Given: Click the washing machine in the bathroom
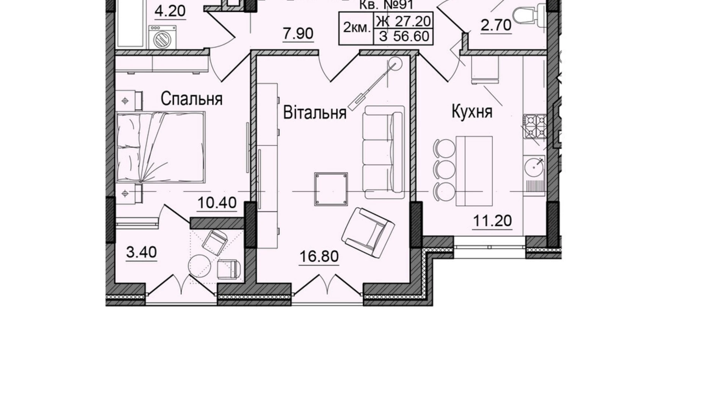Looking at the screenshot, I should (162, 37).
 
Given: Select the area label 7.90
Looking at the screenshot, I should (298, 34).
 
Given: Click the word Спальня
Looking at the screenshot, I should (191, 99).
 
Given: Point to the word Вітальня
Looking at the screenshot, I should (315, 113).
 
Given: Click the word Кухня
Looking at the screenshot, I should (472, 112).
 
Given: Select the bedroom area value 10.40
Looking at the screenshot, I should (217, 203).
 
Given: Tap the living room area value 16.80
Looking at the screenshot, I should (319, 256).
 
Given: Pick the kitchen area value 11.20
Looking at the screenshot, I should (492, 220).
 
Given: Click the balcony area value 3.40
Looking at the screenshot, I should (141, 252).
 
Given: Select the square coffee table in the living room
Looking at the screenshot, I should (331, 189).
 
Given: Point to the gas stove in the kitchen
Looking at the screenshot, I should (535, 126).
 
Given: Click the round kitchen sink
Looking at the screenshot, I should (534, 166).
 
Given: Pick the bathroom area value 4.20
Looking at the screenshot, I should (170, 11).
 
